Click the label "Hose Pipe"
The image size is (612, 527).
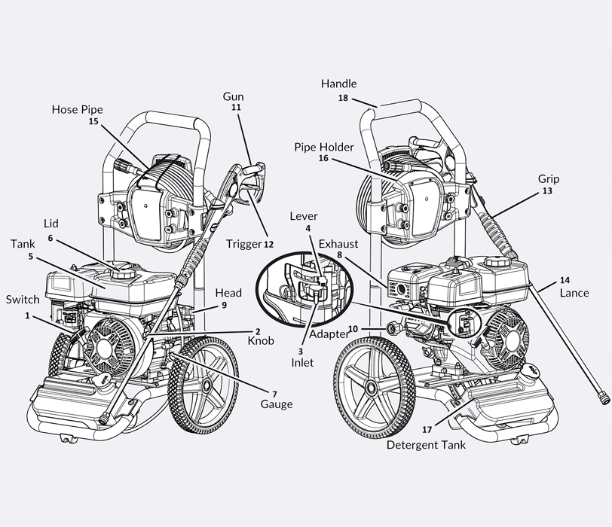(x=77, y=109)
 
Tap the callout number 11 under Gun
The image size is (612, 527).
(x=235, y=108)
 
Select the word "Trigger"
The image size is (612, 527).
(x=243, y=244)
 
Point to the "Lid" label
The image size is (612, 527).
(x=50, y=224)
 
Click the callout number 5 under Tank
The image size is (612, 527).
(x=31, y=256)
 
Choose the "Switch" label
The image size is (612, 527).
(x=23, y=300)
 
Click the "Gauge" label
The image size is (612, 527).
(x=277, y=404)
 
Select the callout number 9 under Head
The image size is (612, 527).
(x=224, y=305)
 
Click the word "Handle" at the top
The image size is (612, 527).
(x=339, y=84)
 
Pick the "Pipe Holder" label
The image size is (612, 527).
(x=324, y=147)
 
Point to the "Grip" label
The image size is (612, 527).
(x=549, y=179)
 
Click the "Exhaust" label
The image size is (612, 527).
(x=338, y=244)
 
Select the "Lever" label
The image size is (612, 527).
(x=304, y=217)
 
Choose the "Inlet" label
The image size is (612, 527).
(x=304, y=362)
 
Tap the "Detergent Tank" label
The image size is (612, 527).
(x=426, y=445)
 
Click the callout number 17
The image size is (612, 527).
(x=427, y=430)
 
